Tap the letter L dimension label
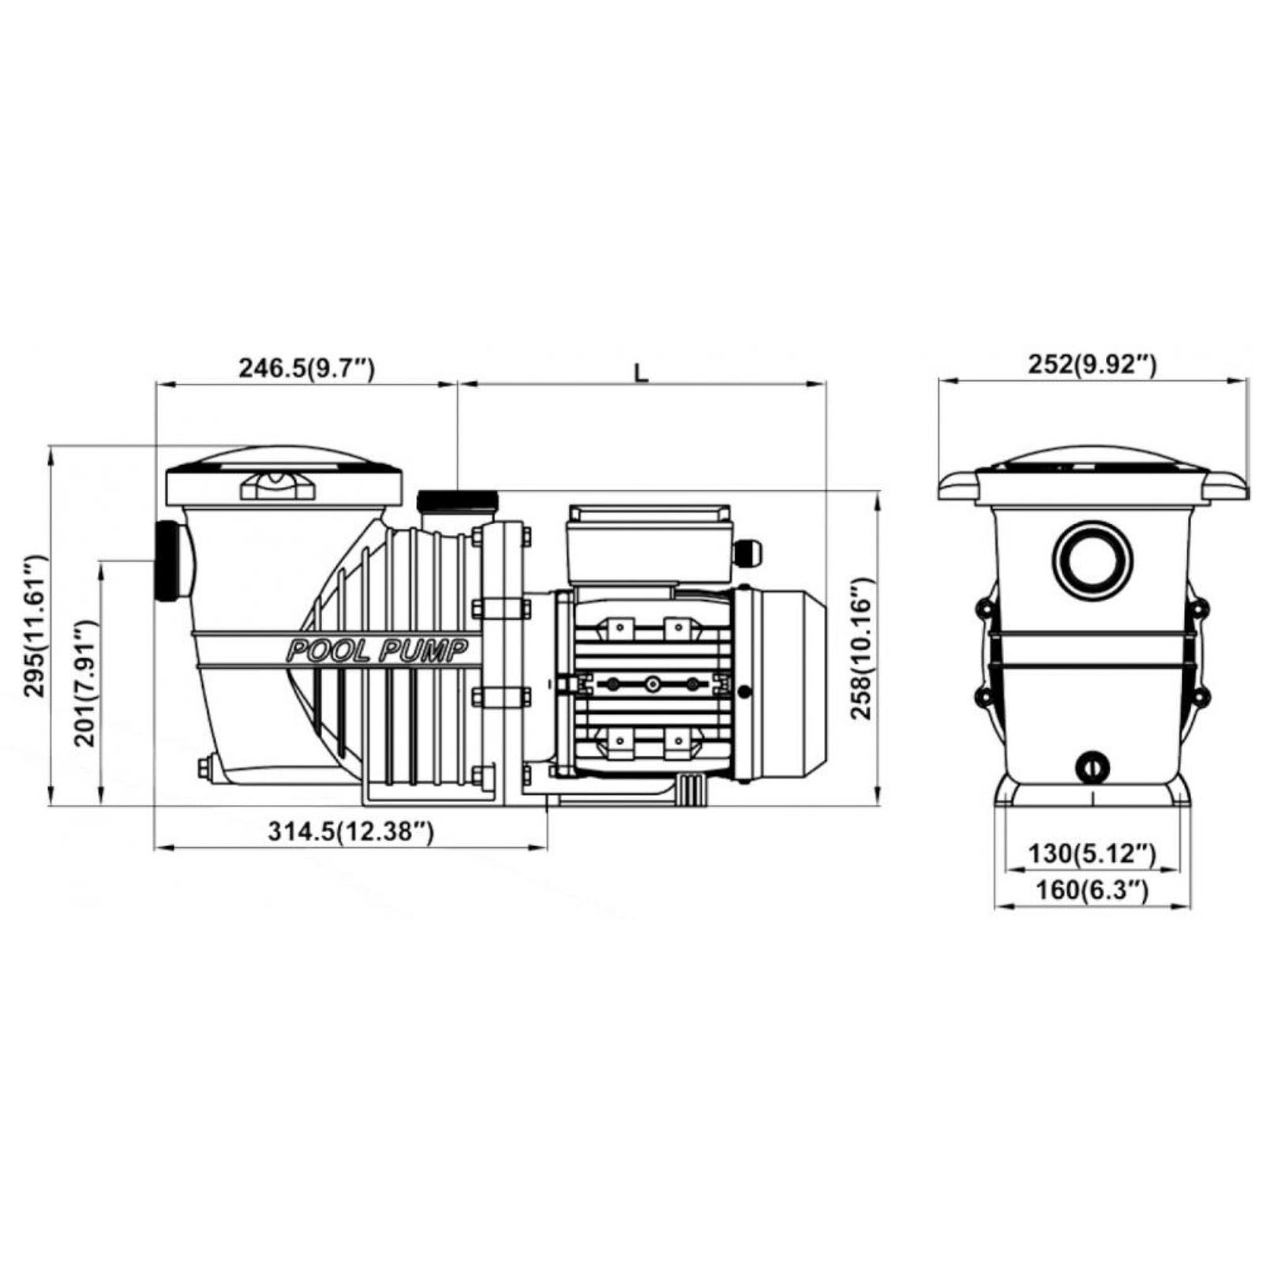[642, 371]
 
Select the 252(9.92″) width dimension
[1092, 364]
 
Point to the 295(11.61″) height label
[36, 626]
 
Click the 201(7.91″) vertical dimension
[86, 684]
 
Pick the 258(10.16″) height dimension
[862, 649]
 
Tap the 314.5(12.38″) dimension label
[350, 830]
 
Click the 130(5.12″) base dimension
[1092, 853]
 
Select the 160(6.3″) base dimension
[1092, 890]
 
